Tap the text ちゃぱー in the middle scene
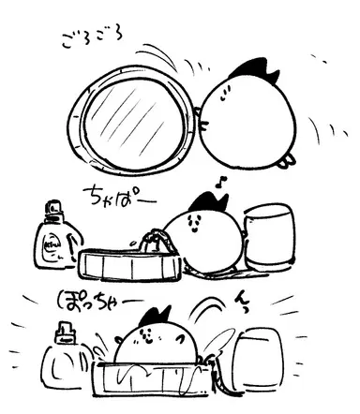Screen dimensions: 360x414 [x=119, y=198]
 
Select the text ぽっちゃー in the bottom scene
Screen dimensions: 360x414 [x=100, y=301]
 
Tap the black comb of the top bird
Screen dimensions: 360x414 [x=254, y=70]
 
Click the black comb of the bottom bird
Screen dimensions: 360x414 [x=156, y=317]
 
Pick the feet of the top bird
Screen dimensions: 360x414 [x=287, y=161]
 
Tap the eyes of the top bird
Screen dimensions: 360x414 [x=224, y=94]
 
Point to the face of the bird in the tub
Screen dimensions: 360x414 [x=147, y=334]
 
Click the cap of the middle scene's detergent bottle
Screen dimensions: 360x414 [x=54, y=207]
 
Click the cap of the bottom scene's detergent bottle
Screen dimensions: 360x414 [x=66, y=332]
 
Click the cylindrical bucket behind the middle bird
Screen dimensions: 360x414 [x=269, y=237]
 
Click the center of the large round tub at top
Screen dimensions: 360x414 [x=133, y=120]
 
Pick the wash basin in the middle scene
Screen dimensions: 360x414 [x=129, y=264]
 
